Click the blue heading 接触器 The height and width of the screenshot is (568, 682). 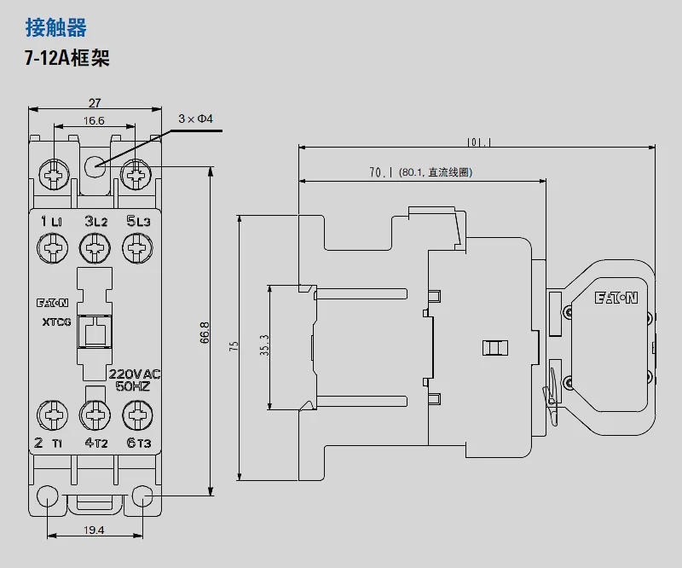(x=56, y=27)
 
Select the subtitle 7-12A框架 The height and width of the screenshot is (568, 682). (x=67, y=58)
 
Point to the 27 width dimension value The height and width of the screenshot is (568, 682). (x=95, y=103)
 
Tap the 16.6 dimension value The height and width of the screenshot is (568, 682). (x=94, y=120)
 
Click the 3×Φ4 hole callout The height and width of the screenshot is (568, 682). (x=196, y=119)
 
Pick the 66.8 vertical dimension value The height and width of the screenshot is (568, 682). (x=205, y=333)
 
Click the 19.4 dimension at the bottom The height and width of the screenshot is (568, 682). (x=94, y=530)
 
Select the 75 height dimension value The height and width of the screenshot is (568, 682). (x=234, y=346)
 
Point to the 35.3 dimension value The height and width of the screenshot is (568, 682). (x=264, y=345)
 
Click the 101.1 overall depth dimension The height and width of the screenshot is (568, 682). (x=479, y=142)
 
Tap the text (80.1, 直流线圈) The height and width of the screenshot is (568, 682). (x=436, y=172)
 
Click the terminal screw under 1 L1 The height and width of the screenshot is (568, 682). (x=53, y=248)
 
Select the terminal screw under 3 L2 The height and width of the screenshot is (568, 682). (x=95, y=248)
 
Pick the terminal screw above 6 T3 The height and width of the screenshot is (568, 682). (x=137, y=415)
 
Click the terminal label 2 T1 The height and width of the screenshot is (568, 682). (x=49, y=443)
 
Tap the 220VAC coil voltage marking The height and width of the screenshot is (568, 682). (x=135, y=374)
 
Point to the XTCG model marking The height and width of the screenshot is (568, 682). (x=56, y=322)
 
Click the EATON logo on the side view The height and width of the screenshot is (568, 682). (x=616, y=298)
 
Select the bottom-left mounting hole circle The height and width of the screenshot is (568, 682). (x=48, y=496)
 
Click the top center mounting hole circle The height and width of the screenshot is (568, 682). (x=95, y=166)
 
